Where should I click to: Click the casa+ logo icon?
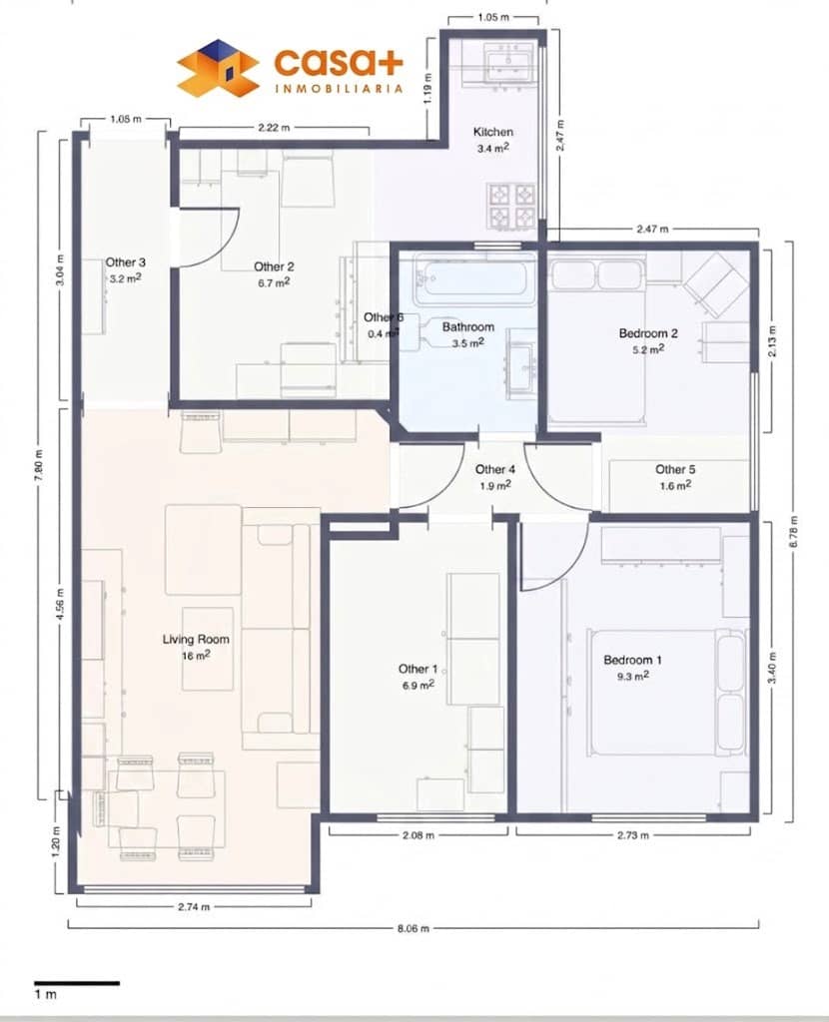[x=217, y=69]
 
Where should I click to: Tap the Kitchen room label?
[x=493, y=132]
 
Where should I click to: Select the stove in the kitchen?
[x=511, y=205]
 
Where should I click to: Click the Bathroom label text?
[x=468, y=326]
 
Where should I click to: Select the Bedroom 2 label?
[x=648, y=333]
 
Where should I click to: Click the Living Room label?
[x=196, y=640]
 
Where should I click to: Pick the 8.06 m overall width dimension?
[x=413, y=928]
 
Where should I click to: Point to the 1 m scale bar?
[x=77, y=983]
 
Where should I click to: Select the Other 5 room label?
[x=675, y=469]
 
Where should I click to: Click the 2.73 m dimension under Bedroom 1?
[x=633, y=834]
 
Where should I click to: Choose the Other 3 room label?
[x=126, y=262]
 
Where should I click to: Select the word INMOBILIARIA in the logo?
[x=339, y=88]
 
